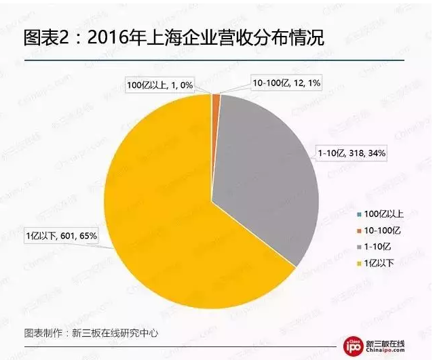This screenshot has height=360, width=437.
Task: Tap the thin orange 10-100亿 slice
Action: click(216, 100)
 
